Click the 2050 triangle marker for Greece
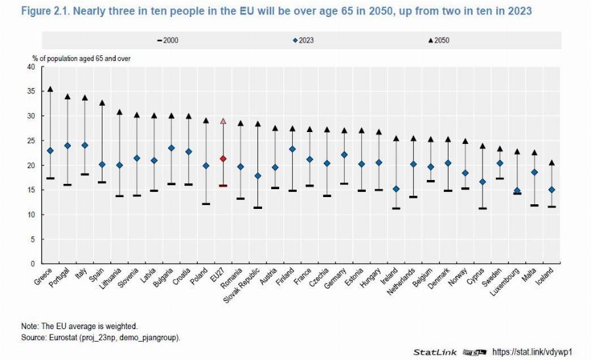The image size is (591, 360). pos(50,89)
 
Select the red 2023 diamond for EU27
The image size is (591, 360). pos(223,158)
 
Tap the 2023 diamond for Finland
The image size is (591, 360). pos(292,149)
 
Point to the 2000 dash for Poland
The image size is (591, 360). pos(206,204)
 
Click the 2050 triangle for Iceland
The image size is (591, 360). pos(552,162)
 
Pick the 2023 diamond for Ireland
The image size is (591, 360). pos(396,189)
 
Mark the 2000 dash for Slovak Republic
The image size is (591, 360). pos(257,208)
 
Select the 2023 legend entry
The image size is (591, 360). pos(303,41)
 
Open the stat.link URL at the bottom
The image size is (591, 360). pos(533,352)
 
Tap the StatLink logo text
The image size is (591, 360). pos(434,353)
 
